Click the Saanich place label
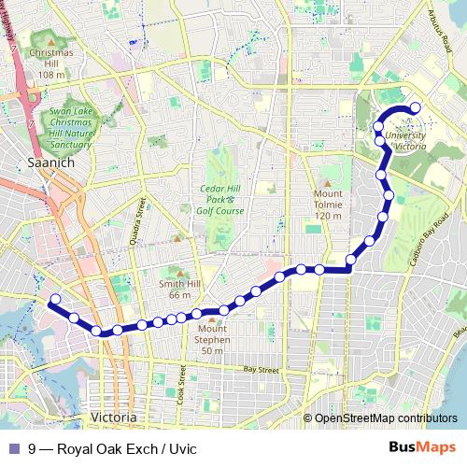[x=50, y=162]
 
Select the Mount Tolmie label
[x=329, y=204]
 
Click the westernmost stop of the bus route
[x=54, y=300]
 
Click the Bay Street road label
[x=262, y=371]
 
